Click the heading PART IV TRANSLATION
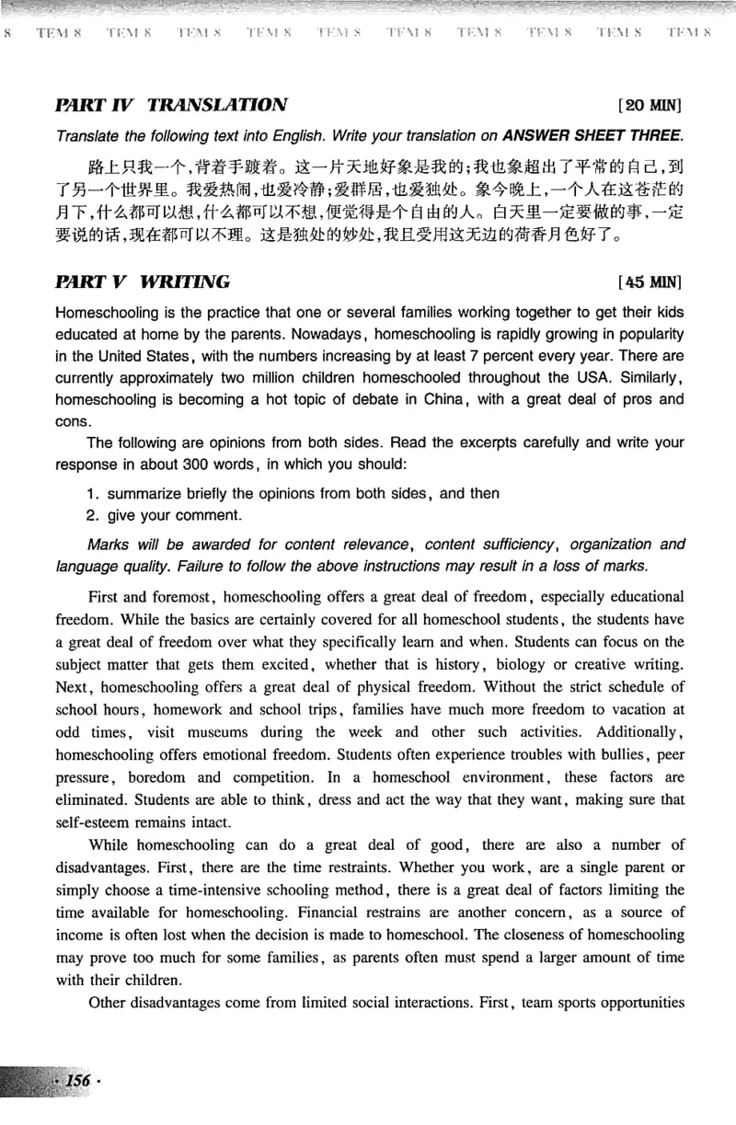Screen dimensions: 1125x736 172,105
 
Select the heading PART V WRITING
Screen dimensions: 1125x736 143,280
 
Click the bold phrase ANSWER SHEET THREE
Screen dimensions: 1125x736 592,136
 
